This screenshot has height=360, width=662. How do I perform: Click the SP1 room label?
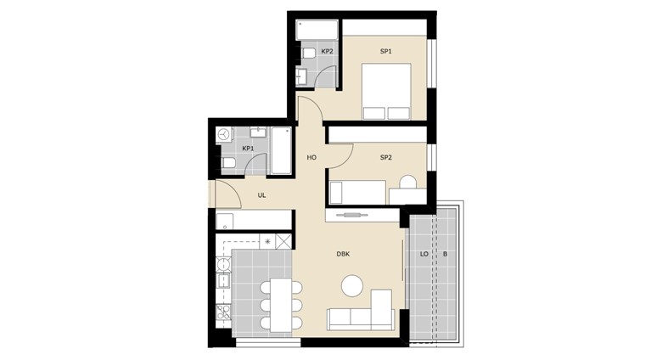point(386,52)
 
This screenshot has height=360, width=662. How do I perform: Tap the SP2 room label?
point(386,158)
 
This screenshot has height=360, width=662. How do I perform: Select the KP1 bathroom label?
point(248,149)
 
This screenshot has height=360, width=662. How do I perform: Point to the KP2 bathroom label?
point(328,52)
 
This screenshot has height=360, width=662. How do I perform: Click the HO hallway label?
point(311,158)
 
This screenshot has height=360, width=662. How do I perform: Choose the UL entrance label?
point(261,195)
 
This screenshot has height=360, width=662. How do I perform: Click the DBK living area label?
point(343,254)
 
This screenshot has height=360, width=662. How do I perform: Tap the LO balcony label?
point(424,254)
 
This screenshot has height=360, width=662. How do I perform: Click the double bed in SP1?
point(386,92)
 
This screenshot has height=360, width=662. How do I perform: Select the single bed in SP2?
point(357,192)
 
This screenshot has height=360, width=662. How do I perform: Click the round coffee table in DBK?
point(352,285)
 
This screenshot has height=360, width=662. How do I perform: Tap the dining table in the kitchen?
point(281,305)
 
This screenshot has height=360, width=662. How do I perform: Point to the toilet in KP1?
point(228,163)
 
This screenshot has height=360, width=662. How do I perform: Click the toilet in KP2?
point(308,53)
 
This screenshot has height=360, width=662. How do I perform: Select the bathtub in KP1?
point(281,150)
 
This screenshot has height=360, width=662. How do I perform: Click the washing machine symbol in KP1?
point(224,135)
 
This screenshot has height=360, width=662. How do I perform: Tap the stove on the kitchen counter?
point(223,312)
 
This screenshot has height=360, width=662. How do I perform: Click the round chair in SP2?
point(408,182)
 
